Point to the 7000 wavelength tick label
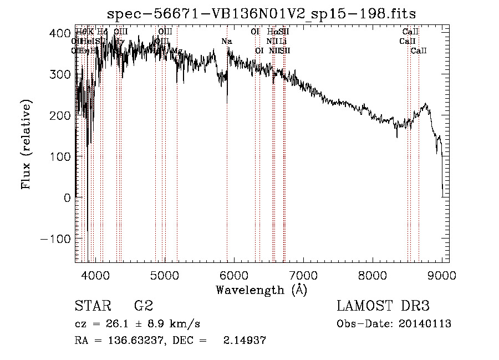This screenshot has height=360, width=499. coord(303,275)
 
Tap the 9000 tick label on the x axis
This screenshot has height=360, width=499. coord(442,275)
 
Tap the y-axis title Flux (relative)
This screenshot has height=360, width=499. coord(27,144)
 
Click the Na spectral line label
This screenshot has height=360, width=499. coord(226,41)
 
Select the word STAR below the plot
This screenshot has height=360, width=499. coord(92,306)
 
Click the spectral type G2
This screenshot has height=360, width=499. coord(143,306)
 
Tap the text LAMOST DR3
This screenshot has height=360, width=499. coord(383,306)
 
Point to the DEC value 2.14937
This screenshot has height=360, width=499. coord(244,341)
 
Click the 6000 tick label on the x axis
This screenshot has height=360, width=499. coord(234,275)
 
